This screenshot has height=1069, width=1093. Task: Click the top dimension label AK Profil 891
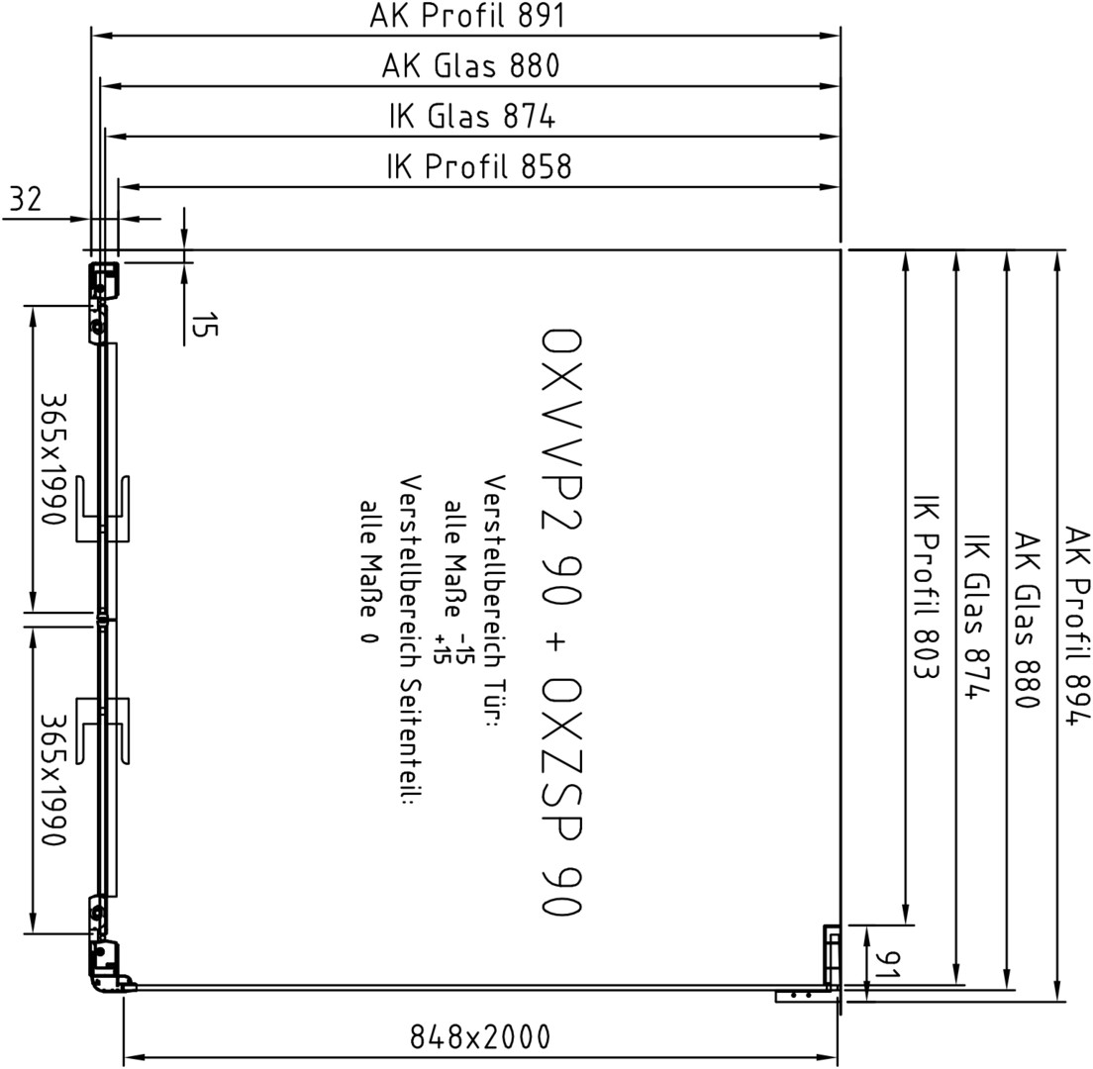tap(466, 15)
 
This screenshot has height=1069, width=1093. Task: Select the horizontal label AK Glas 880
tap(470, 66)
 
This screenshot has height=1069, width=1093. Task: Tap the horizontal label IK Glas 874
tap(472, 117)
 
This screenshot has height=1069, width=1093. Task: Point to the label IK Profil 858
tap(479, 166)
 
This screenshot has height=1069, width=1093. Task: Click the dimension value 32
tap(26, 199)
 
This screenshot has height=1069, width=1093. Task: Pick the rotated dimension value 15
tap(204, 325)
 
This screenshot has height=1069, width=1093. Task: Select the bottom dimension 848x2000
tap(479, 1037)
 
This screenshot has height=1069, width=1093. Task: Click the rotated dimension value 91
tap(887, 965)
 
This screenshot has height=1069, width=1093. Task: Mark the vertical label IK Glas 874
tap(976, 616)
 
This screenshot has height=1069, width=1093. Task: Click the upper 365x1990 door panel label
tap(53, 458)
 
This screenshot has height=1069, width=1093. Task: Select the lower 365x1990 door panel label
tap(53, 779)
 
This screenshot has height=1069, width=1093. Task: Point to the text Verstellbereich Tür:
tap(494, 602)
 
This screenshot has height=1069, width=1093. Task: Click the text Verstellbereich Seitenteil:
tap(411, 639)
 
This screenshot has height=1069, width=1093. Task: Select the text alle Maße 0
tap(369, 571)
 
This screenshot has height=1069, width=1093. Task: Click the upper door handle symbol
tap(103, 509)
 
